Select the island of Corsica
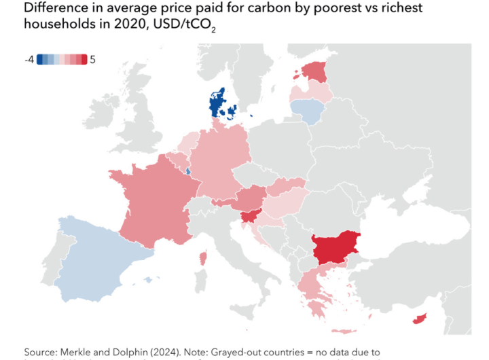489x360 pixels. pos(202,259)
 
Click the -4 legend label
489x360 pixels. pos(29,60)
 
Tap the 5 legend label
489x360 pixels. pos(92,60)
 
